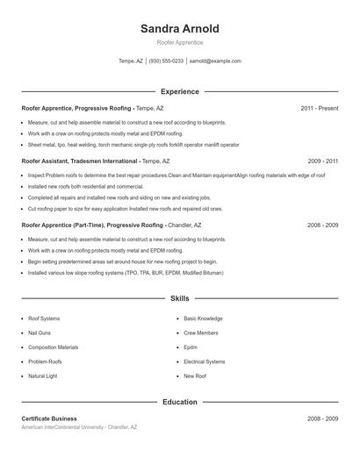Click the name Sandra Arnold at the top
pyautogui.click(x=179, y=28)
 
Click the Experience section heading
pyautogui.click(x=179, y=91)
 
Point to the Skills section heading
pyautogui.click(x=179, y=298)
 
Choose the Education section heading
pyautogui.click(x=179, y=402)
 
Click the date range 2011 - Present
pyautogui.click(x=319, y=108)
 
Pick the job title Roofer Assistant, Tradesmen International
pyautogui.click(x=80, y=161)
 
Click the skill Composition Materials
pyautogui.click(x=53, y=347)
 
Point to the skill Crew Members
pyautogui.click(x=201, y=333)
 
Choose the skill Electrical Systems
pyautogui.click(x=205, y=361)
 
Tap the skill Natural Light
pyautogui.click(x=44, y=376)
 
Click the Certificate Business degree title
pyautogui.click(x=49, y=418)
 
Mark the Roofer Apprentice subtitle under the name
pyautogui.click(x=179, y=42)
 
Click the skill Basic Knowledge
pyautogui.click(x=203, y=318)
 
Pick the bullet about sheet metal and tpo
pyautogui.click(x=133, y=144)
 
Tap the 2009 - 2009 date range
pyautogui.click(x=322, y=161)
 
